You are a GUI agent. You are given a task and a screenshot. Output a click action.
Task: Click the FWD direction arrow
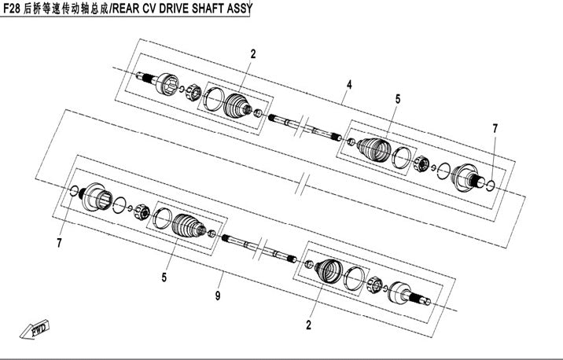click(35, 329)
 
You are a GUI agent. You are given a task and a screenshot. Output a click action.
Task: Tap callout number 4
click(349, 85)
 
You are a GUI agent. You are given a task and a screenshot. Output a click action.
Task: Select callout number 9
click(218, 296)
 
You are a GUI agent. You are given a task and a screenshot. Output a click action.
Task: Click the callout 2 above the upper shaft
click(253, 53)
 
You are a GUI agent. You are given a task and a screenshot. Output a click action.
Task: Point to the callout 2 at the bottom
click(308, 325)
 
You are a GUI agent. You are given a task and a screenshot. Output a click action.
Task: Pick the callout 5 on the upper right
click(397, 99)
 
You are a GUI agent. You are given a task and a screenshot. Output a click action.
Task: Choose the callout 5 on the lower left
click(164, 277)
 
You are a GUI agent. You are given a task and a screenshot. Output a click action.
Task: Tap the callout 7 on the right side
click(495, 128)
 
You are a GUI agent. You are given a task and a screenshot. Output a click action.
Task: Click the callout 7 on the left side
click(59, 243)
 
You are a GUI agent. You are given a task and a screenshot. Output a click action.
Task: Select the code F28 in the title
click(12, 9)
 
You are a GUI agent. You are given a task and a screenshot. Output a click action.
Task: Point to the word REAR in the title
click(123, 9)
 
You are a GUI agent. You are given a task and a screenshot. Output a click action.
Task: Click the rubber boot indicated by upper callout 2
click(237, 105)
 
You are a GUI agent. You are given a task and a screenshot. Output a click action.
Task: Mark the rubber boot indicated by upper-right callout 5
click(374, 149)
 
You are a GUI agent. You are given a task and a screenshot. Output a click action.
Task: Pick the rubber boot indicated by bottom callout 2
click(328, 271)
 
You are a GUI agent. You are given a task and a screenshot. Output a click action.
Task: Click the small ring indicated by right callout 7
click(491, 185)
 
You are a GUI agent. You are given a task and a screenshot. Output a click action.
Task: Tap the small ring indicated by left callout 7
click(74, 191)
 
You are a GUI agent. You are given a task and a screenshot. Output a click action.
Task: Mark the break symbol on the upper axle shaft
click(301, 127)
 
